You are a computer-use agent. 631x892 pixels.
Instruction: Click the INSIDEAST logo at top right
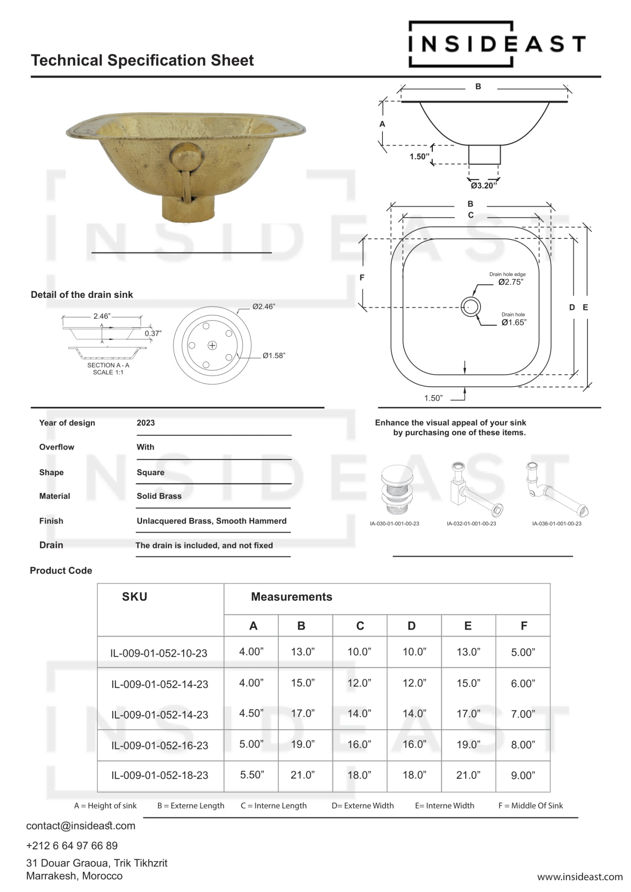(x=497, y=44)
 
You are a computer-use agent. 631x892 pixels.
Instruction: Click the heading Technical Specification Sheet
(x=142, y=60)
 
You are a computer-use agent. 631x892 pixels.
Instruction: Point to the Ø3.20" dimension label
(x=484, y=186)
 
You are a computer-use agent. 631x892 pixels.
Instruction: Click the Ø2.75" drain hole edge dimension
(x=511, y=282)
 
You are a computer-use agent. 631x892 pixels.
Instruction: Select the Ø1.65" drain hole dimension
(x=514, y=323)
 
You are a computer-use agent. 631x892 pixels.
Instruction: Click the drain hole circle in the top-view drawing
(x=471, y=307)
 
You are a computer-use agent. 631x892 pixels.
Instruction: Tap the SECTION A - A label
(x=108, y=365)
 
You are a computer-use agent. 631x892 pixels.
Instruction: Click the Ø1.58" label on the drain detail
(x=274, y=356)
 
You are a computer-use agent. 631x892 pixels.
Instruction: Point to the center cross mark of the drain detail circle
(x=212, y=346)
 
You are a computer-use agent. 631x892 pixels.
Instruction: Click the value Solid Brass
(x=159, y=496)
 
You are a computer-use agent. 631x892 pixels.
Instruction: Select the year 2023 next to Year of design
(x=146, y=423)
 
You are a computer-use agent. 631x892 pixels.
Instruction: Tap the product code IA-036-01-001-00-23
(x=556, y=524)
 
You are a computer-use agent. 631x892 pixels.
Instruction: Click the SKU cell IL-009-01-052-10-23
(x=159, y=653)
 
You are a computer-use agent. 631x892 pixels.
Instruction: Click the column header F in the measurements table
(x=524, y=626)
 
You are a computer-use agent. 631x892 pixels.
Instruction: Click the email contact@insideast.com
(x=81, y=826)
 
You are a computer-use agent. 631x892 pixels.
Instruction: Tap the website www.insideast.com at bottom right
(x=580, y=877)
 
